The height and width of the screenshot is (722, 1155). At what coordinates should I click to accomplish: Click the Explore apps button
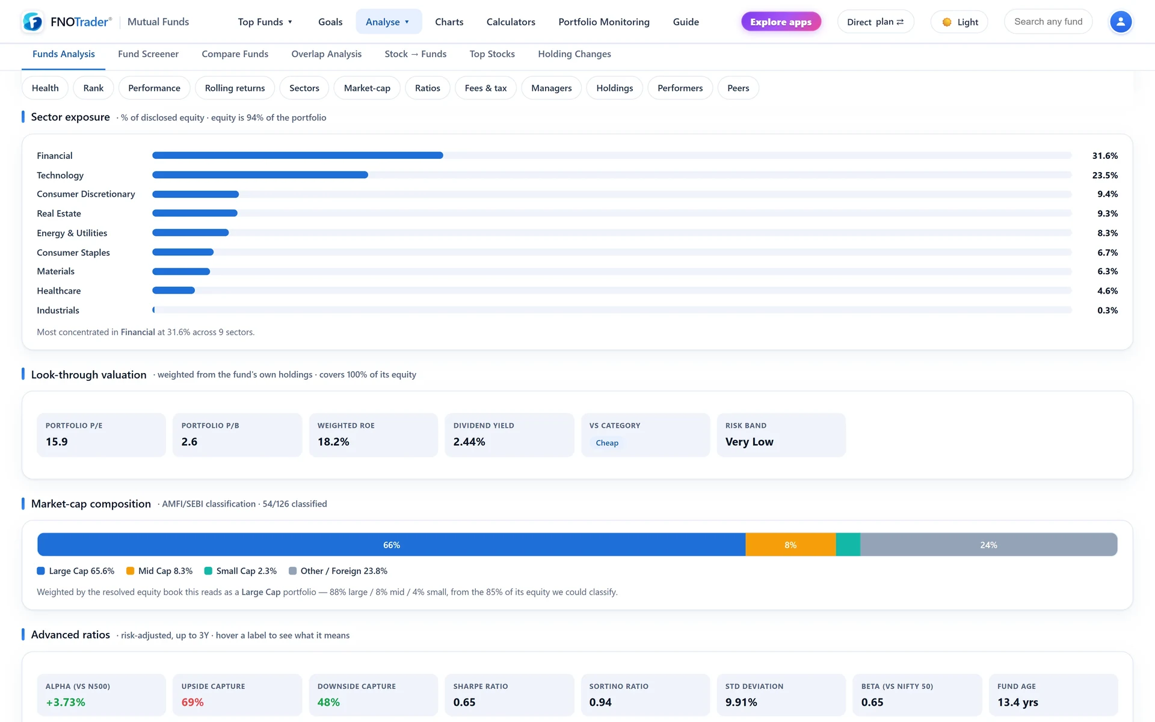pyautogui.click(x=781, y=22)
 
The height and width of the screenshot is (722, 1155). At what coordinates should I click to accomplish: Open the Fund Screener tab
pyautogui.click(x=148, y=54)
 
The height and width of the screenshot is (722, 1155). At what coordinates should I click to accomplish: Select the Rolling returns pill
pyautogui.click(x=235, y=88)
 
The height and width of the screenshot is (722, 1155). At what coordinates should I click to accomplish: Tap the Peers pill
pyautogui.click(x=738, y=88)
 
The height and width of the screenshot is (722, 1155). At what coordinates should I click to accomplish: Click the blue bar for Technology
pyautogui.click(x=260, y=175)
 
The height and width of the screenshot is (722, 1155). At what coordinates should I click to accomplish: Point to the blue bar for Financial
pyautogui.click(x=298, y=155)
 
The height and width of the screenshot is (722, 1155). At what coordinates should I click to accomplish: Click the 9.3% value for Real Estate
pyautogui.click(x=1107, y=214)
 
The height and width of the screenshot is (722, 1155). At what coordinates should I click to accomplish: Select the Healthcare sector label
pyautogui.click(x=58, y=291)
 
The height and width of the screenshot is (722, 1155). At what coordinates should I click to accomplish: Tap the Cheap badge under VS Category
pyautogui.click(x=607, y=443)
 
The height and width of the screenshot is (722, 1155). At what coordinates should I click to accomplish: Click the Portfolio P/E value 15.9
pyautogui.click(x=57, y=442)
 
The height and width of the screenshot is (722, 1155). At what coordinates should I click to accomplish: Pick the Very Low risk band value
pyautogui.click(x=750, y=442)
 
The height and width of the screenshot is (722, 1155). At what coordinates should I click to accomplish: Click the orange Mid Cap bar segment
pyautogui.click(x=790, y=545)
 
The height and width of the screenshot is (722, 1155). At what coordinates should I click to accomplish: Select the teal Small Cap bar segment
pyautogui.click(x=848, y=545)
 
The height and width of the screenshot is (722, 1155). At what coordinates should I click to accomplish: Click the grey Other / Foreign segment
pyautogui.click(x=989, y=545)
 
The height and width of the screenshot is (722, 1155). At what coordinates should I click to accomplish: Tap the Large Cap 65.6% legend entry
pyautogui.click(x=76, y=571)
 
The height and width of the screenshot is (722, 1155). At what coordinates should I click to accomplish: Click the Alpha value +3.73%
pyautogui.click(x=66, y=702)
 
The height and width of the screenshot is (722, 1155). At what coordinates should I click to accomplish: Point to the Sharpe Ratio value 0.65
pyautogui.click(x=464, y=702)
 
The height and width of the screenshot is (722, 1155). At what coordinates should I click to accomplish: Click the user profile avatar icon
pyautogui.click(x=1120, y=22)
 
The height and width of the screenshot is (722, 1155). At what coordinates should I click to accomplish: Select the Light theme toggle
pyautogui.click(x=959, y=22)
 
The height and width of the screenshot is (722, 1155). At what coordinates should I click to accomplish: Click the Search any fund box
pyautogui.click(x=1048, y=22)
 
